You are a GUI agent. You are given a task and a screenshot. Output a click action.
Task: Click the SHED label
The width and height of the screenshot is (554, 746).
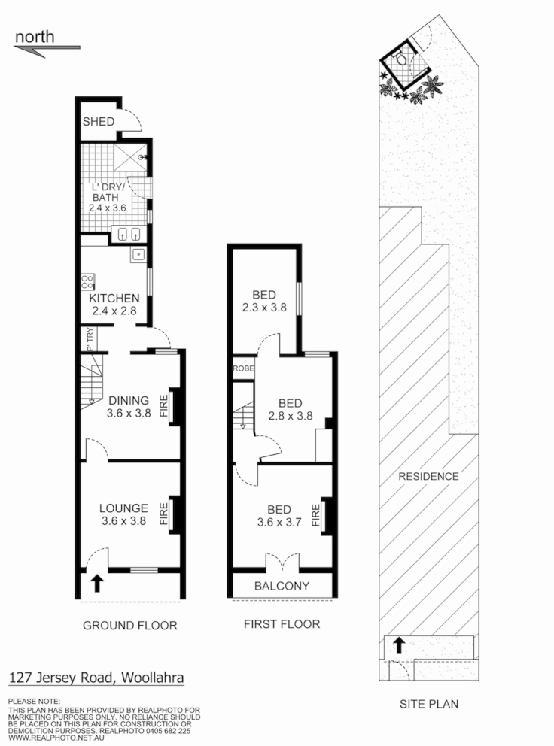[x=99, y=122]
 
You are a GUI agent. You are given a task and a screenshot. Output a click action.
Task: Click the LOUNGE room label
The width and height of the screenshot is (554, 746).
[x=123, y=508]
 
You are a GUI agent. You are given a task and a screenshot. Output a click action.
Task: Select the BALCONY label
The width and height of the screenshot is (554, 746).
[x=282, y=586]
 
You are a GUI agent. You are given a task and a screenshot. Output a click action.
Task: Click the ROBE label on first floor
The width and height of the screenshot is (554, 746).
[x=243, y=368]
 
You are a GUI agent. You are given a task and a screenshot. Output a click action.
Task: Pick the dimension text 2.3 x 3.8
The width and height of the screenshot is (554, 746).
[x=264, y=307]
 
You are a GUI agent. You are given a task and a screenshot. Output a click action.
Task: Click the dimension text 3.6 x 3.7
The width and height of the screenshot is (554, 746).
[x=279, y=524]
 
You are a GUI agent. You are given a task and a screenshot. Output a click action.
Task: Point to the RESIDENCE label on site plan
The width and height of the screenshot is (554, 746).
[x=428, y=476]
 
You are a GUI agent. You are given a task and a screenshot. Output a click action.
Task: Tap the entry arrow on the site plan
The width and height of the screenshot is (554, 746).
[x=399, y=644]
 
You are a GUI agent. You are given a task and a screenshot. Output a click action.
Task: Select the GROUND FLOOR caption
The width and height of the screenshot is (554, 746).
[x=129, y=625]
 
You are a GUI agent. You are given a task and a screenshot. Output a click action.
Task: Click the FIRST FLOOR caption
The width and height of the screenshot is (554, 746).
[x=282, y=623]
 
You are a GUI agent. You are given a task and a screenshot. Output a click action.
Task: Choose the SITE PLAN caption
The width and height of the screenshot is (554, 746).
[x=428, y=704]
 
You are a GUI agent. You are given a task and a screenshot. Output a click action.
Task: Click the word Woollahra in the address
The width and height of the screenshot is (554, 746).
[x=151, y=677]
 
